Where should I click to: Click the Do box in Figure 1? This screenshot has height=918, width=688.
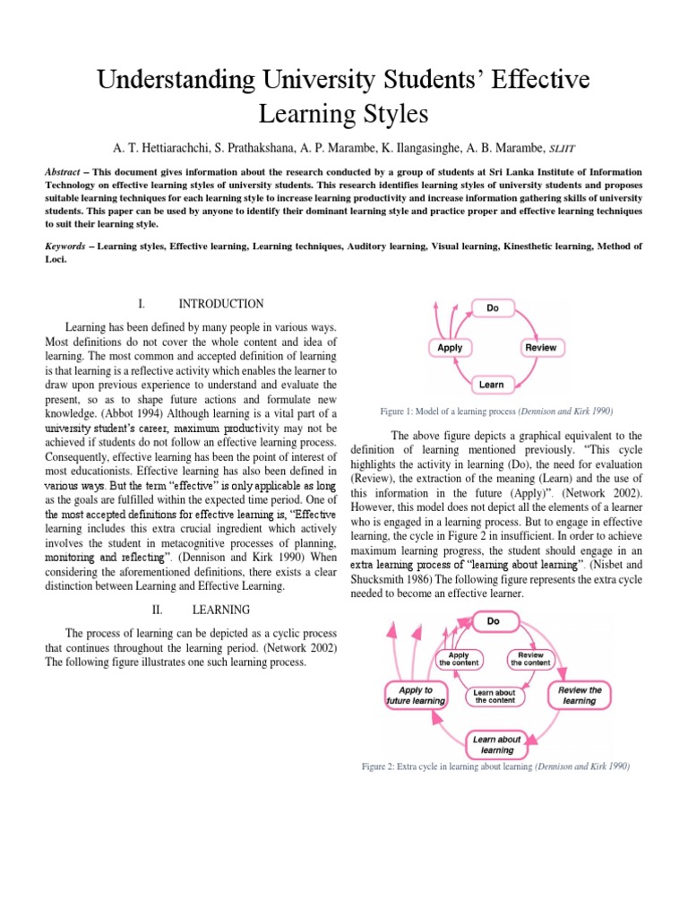point(492,307)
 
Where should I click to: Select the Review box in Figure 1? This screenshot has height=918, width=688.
point(539,347)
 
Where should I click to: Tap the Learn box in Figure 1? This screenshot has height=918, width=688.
point(492,385)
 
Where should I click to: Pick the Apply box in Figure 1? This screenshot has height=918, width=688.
point(450,347)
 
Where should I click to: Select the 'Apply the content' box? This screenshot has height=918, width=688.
point(458,659)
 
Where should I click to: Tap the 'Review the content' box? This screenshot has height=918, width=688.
point(530,659)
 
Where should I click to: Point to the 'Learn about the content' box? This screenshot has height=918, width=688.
point(494,696)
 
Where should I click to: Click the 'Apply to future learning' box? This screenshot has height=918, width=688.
point(416,696)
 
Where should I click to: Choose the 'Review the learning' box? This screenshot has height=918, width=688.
point(580,695)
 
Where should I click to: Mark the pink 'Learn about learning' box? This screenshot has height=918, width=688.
point(497,743)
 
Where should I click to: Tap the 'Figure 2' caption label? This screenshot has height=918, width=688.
point(380,766)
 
